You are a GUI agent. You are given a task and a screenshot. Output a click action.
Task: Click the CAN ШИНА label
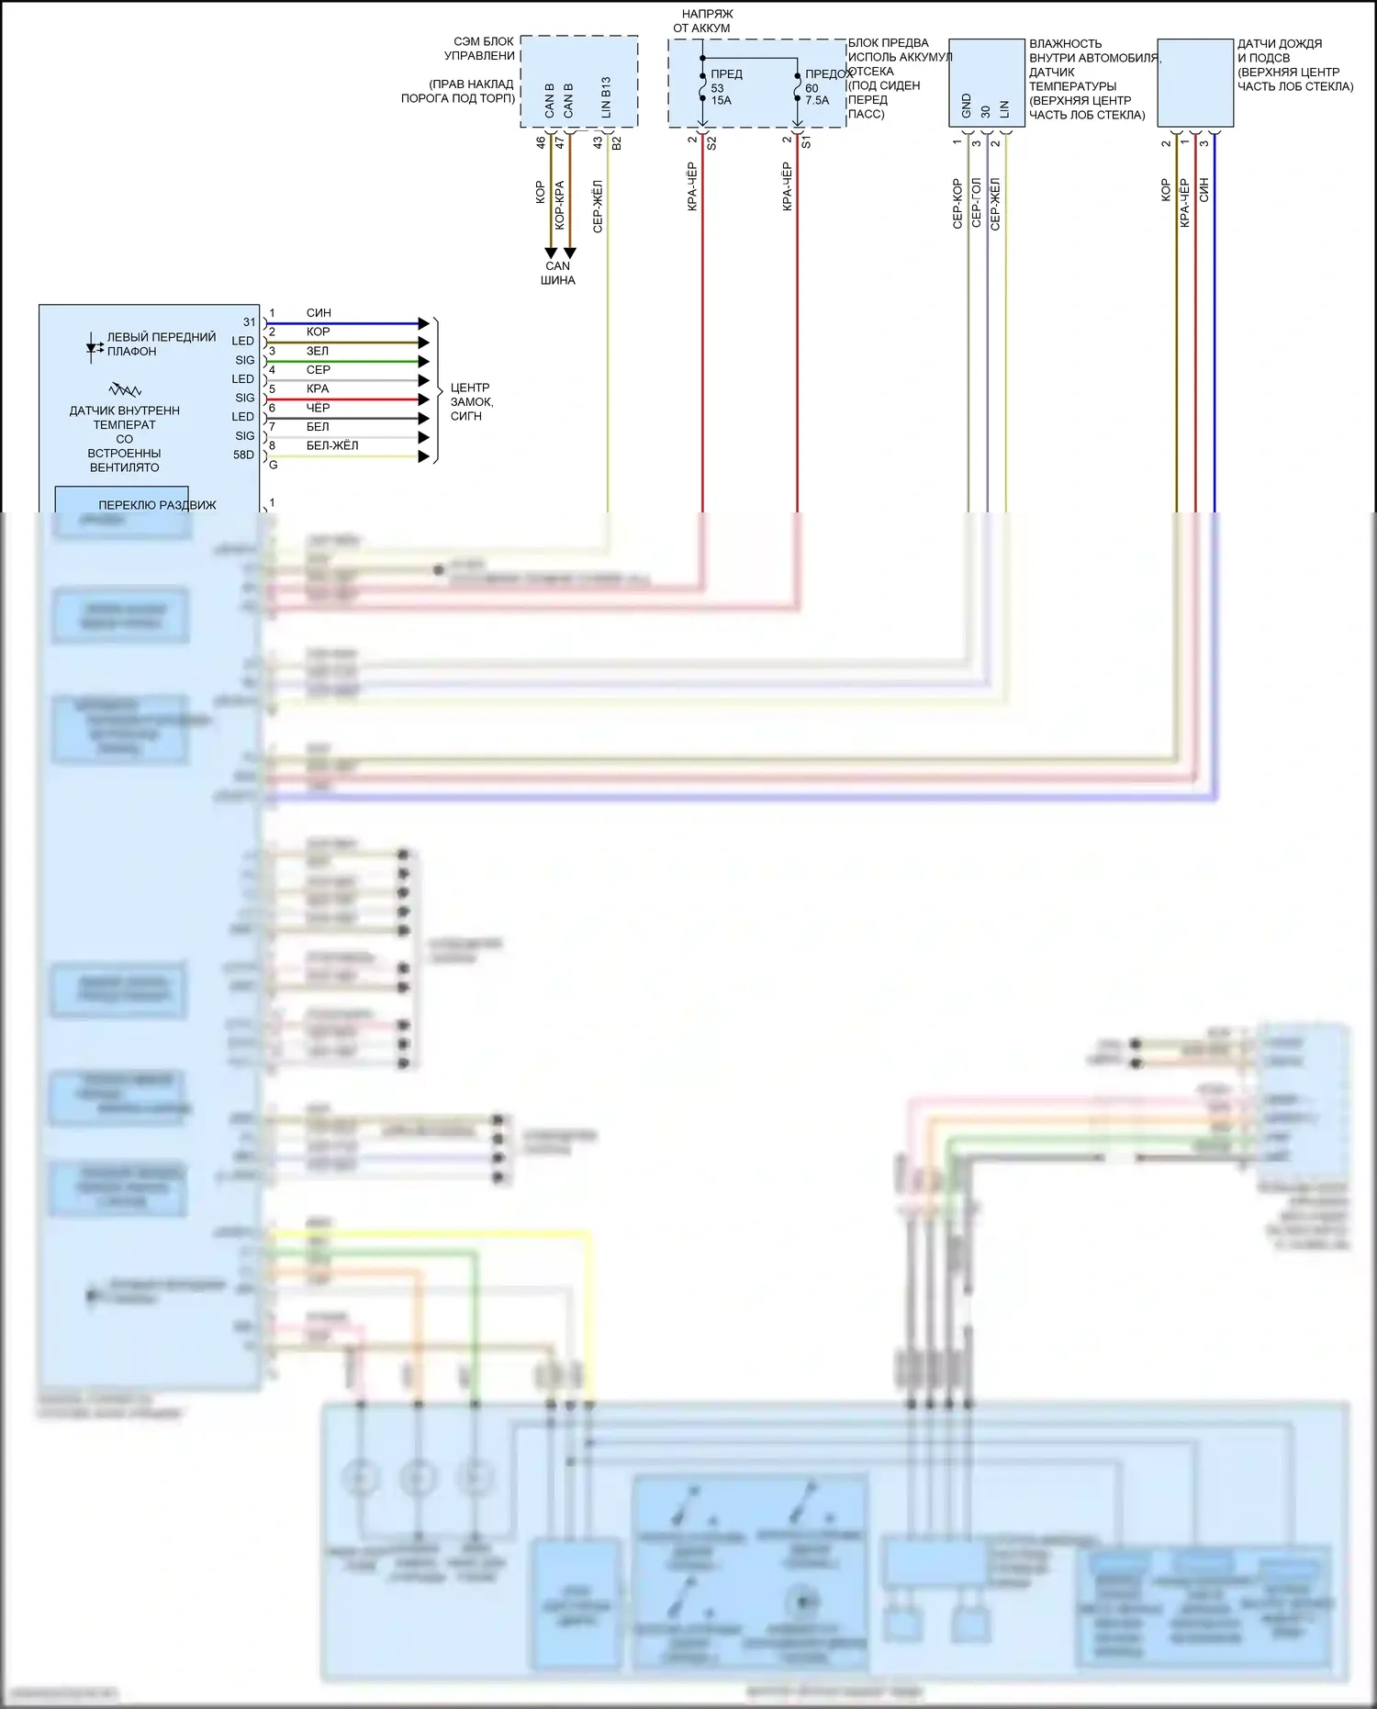coord(557,273)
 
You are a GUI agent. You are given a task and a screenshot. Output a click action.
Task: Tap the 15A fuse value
coord(721,101)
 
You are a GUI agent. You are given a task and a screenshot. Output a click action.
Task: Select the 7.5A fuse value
coord(816,101)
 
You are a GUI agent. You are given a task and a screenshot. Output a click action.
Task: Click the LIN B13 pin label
coord(606,97)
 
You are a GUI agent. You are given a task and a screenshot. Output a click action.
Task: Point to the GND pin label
coord(967,106)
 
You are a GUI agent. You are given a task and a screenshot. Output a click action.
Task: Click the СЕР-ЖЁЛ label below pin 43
coord(598,207)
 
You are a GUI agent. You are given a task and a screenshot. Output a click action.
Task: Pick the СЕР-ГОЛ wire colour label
coord(976,203)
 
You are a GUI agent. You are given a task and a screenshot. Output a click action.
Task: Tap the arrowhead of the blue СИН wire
coord(423,323)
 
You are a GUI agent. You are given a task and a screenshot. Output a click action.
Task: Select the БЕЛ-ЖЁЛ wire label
coord(332,445)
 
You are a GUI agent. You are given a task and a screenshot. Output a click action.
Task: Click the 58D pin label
coord(243,455)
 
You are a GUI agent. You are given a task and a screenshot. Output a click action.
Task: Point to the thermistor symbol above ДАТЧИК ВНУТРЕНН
coord(125,389)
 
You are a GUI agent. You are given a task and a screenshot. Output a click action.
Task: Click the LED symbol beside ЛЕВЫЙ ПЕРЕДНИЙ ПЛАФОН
coord(94,347)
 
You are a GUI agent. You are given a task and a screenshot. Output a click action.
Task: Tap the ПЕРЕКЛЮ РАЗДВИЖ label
coord(157,505)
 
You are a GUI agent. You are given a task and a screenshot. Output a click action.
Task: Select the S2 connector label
coord(711,143)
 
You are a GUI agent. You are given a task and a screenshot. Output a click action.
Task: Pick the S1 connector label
coord(806,143)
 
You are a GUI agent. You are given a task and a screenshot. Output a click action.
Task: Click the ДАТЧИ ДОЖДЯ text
coord(1279,43)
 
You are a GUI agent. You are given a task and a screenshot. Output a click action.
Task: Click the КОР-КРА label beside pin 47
coord(559,205)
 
